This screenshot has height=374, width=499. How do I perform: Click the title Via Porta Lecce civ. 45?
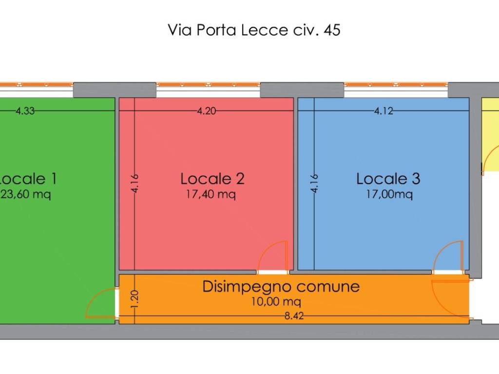point(254,30)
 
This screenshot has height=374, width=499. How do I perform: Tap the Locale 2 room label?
point(212,179)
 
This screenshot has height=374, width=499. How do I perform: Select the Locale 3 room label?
point(388,179)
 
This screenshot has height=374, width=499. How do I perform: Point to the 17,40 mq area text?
point(211,195)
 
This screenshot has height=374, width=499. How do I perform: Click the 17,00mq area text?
point(390,195)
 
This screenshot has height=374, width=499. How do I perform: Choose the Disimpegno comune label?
point(281,286)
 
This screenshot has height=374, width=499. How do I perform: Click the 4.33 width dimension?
point(25,111)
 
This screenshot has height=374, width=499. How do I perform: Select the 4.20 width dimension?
point(206,111)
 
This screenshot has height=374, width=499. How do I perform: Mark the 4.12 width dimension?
point(384,111)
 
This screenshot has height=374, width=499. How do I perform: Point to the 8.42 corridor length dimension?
point(294,316)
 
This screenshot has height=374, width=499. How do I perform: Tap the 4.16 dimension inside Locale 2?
point(135,184)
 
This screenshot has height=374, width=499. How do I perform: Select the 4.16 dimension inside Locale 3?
point(314,184)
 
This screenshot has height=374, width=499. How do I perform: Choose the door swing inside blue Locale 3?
point(448,256)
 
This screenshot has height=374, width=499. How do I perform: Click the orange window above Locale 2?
point(208,85)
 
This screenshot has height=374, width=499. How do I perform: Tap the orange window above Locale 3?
point(396,85)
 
